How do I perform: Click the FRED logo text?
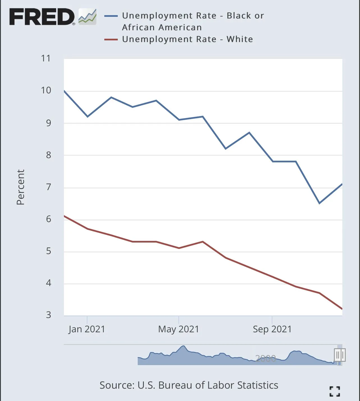pyautogui.click(x=42, y=17)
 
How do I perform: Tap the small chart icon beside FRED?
pyautogui.click(x=87, y=17)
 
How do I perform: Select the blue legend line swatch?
pyautogui.click(x=111, y=16)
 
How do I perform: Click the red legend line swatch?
pyautogui.click(x=111, y=40)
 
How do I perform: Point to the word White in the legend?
pyautogui.click(x=240, y=39)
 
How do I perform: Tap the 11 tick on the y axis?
pyautogui.click(x=46, y=58)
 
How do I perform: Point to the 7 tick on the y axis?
pyautogui.click(x=49, y=187)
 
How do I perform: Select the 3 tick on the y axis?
pyautogui.click(x=49, y=315)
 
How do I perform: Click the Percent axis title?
pyautogui.click(x=20, y=187)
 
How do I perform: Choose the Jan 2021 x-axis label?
pyautogui.click(x=87, y=329)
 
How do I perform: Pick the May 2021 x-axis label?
pyautogui.click(x=179, y=329)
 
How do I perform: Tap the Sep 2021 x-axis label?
pyautogui.click(x=272, y=329)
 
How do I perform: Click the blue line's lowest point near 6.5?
pyautogui.click(x=319, y=203)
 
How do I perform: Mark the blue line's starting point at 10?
pyautogui.click(x=64, y=91)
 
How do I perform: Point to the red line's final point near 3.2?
pyautogui.click(x=342, y=309)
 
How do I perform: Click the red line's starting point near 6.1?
pyautogui.click(x=64, y=216)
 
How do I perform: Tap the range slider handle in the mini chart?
pyautogui.click(x=340, y=355)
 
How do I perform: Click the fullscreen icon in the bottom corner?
pyautogui.click(x=335, y=391)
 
